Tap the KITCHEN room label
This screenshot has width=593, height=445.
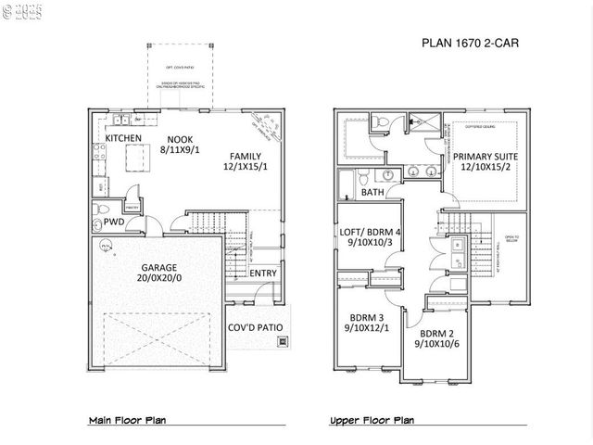(x=123, y=138)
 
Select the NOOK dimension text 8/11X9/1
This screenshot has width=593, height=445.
(x=181, y=146)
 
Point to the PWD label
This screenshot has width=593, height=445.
(x=115, y=222)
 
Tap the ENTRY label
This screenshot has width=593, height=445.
(x=262, y=273)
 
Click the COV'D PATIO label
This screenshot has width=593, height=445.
(x=255, y=327)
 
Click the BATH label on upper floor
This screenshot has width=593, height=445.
(x=372, y=193)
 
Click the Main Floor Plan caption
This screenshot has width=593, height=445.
(x=127, y=420)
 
